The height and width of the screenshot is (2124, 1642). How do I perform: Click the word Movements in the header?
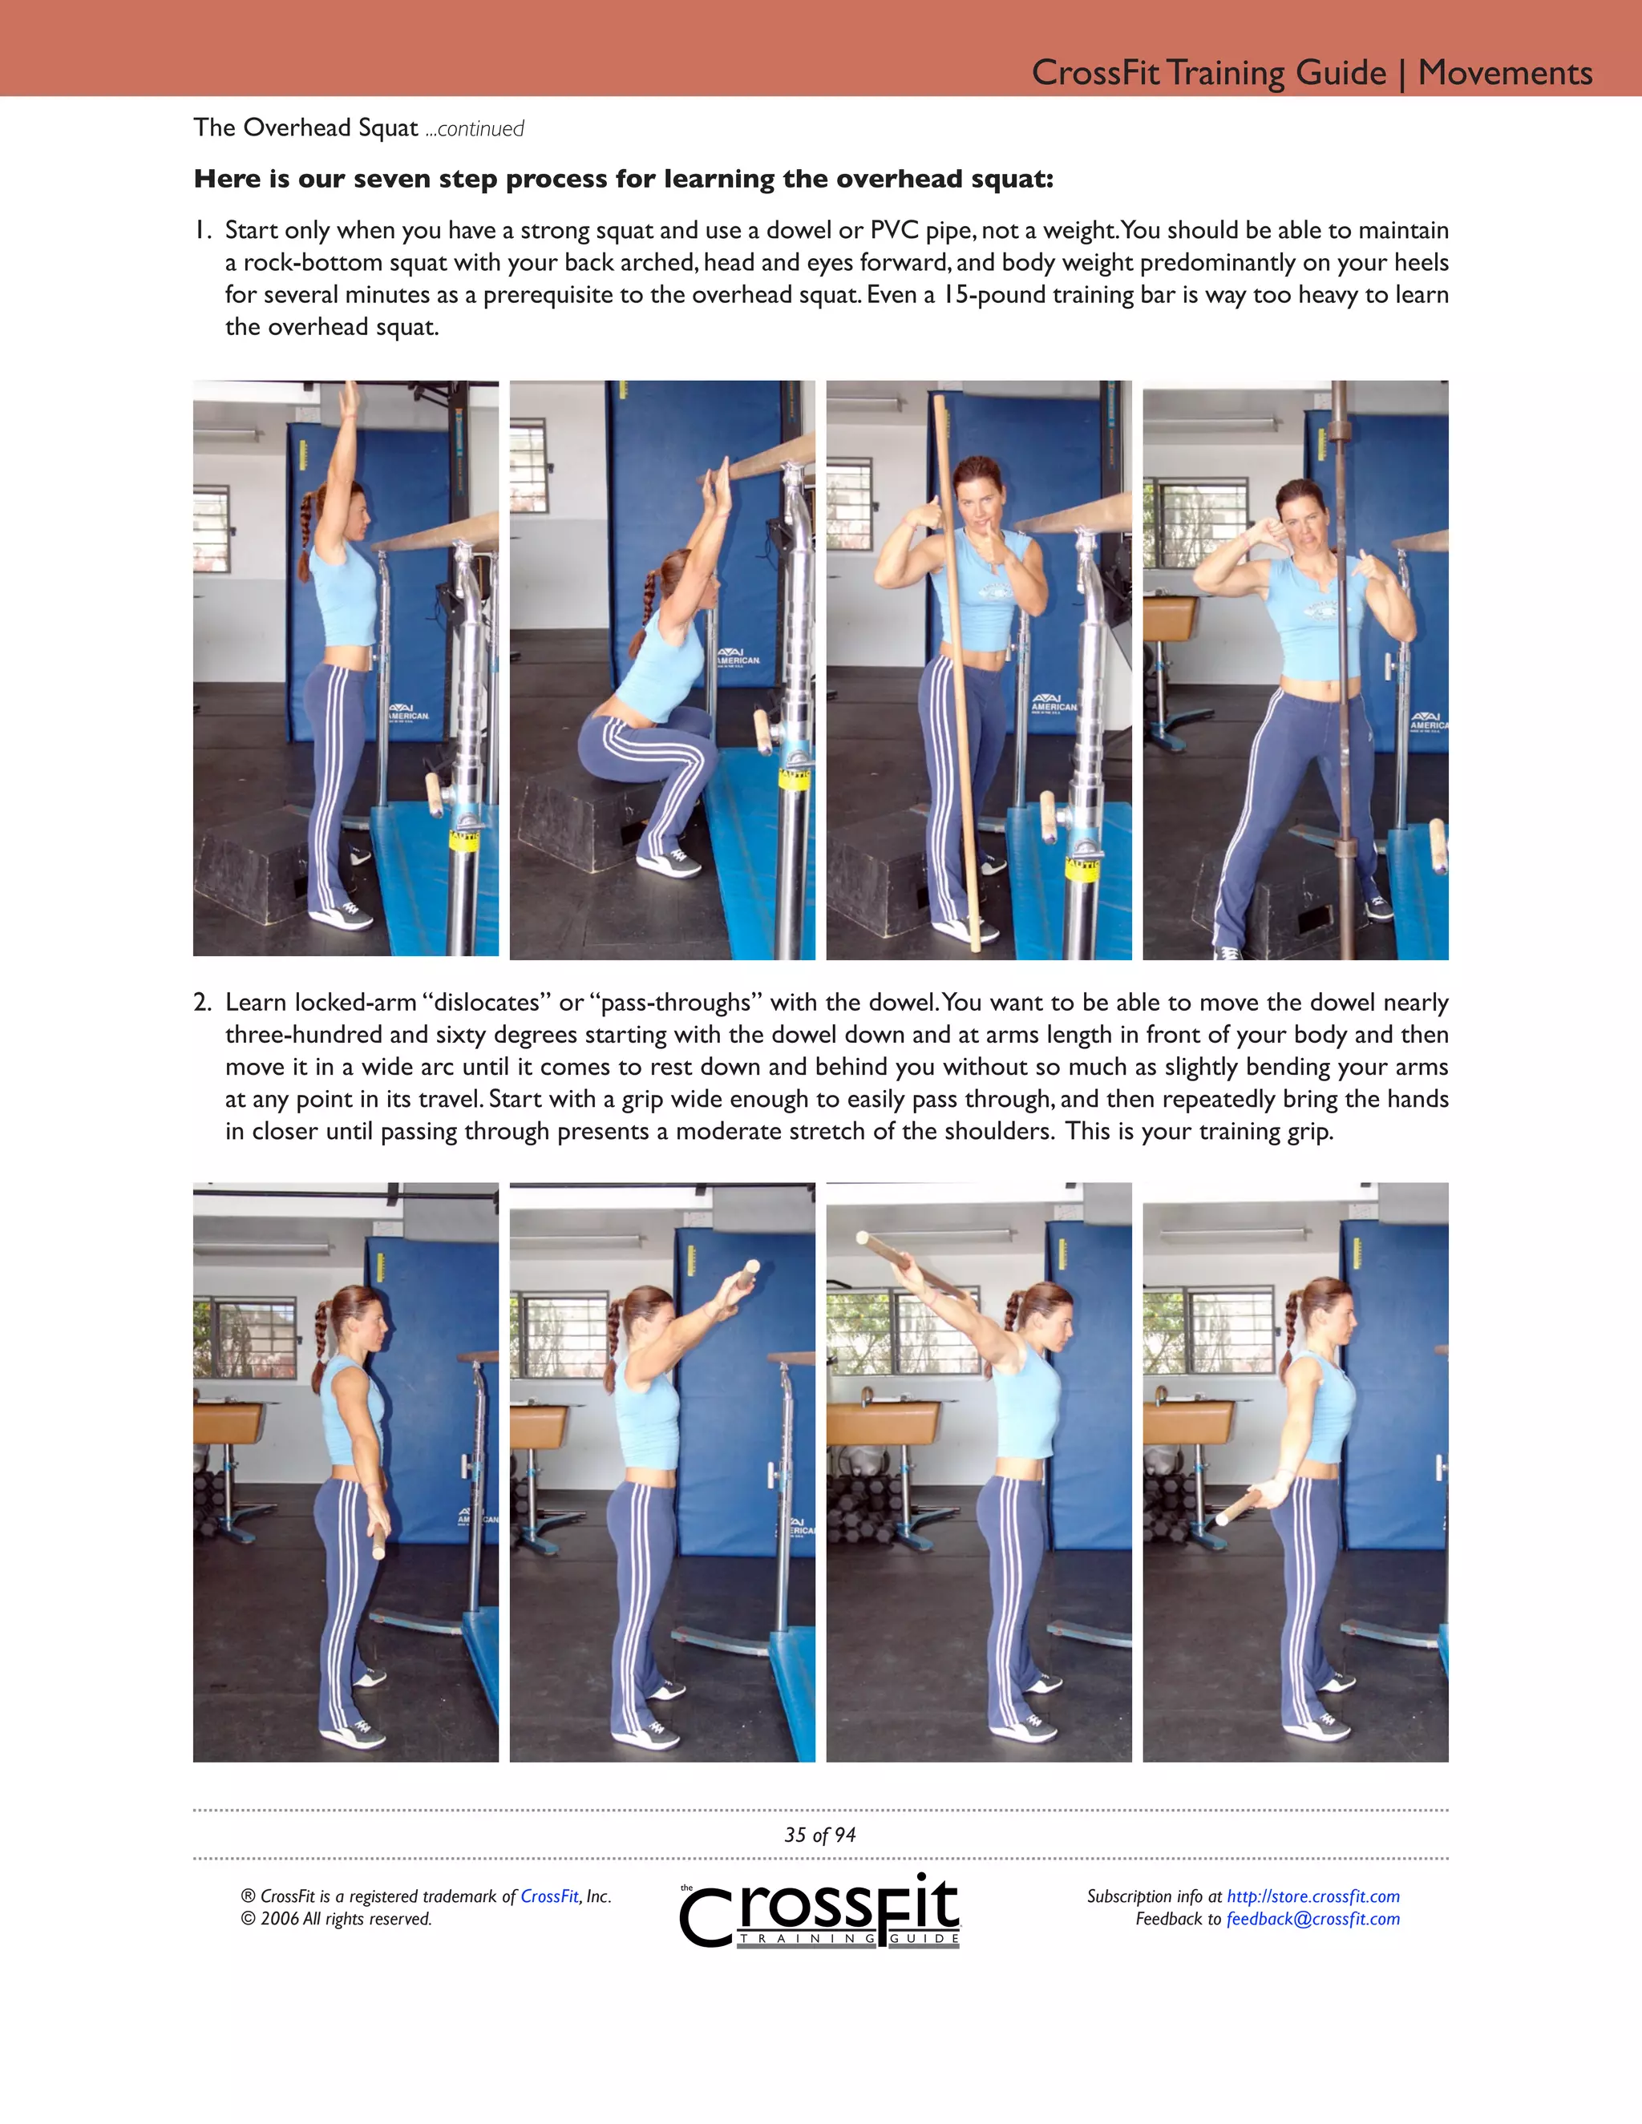tap(1504, 73)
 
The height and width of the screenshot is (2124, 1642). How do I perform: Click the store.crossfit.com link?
tap(1312, 1896)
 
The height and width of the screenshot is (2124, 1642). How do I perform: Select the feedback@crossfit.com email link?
tap(1312, 1919)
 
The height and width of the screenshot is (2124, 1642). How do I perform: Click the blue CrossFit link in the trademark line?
tap(549, 1896)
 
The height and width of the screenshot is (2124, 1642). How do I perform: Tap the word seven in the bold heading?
tap(393, 179)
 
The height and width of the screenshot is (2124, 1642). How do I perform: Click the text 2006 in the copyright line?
tap(279, 1919)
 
